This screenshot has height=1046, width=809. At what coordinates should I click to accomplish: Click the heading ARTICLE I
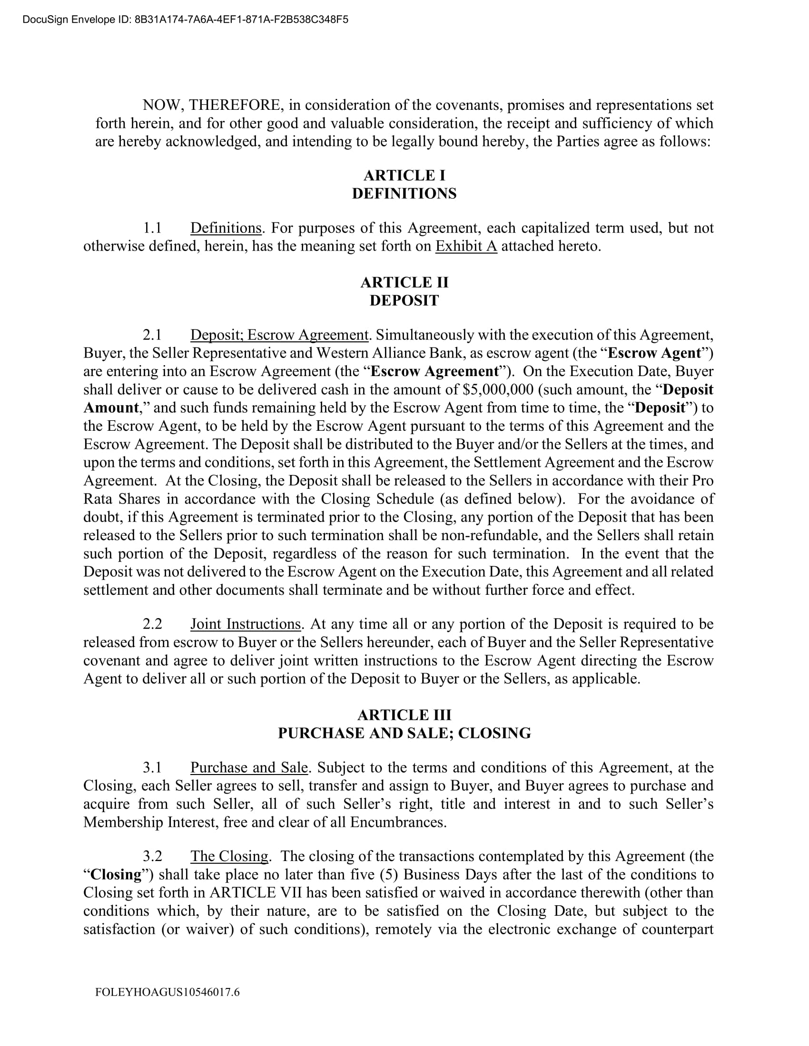(x=404, y=175)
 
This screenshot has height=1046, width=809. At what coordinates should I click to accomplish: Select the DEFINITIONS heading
(x=404, y=194)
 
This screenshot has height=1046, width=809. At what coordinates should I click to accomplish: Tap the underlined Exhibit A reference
(x=466, y=246)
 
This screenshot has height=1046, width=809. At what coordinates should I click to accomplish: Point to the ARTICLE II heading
(x=404, y=282)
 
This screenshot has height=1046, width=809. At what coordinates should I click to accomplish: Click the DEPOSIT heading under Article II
(x=404, y=300)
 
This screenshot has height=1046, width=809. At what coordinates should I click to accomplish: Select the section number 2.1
(x=152, y=334)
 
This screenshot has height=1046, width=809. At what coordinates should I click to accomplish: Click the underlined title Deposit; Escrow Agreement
(x=279, y=334)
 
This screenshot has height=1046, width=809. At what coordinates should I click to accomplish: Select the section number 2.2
(x=152, y=624)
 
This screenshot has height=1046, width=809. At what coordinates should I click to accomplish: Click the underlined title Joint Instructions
(x=246, y=624)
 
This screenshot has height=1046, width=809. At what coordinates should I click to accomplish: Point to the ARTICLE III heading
(x=404, y=715)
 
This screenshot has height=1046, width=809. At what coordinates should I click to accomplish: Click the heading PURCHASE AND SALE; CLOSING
(x=404, y=733)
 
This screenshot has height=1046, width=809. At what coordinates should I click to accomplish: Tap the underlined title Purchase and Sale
(x=249, y=767)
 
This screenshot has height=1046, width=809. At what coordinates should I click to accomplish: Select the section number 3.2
(x=152, y=856)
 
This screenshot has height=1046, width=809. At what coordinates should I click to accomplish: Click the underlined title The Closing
(x=229, y=856)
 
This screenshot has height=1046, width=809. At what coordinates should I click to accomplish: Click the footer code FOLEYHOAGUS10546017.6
(x=167, y=992)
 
